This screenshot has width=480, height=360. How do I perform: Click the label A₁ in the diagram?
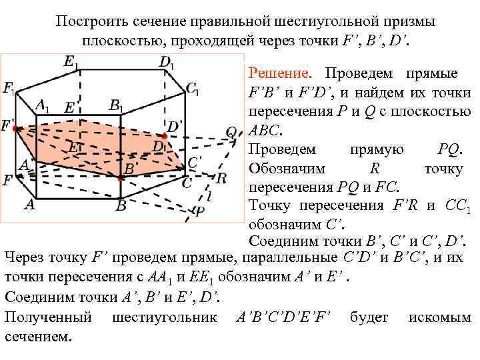coord(43,105)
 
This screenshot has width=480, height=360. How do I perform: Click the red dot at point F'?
coord(15,126)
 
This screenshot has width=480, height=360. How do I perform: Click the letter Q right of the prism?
coord(231,132)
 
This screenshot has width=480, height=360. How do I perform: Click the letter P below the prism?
coord(198,212)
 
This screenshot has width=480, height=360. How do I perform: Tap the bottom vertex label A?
coord(29,205)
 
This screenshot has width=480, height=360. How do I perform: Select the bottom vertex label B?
coord(121,206)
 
